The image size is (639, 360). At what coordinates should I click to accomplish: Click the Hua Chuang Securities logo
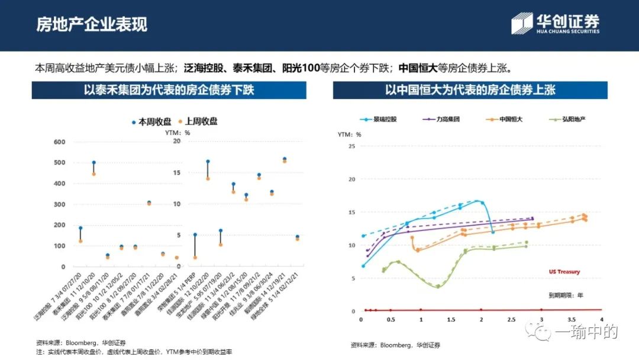tap(556, 24)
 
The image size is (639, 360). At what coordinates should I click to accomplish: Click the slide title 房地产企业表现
tap(92, 24)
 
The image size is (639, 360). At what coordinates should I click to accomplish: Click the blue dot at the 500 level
tap(93, 162)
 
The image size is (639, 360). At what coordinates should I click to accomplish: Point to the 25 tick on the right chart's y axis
tap(351, 146)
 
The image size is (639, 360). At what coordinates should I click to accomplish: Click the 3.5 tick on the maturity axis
tap(572, 320)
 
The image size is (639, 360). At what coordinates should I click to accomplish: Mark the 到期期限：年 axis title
tap(564, 294)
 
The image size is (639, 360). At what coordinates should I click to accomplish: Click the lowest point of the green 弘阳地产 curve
tap(438, 287)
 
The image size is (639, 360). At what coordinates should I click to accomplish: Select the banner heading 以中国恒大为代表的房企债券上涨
tap(470, 91)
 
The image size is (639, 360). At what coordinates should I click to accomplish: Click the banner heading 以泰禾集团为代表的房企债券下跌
tap(169, 91)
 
